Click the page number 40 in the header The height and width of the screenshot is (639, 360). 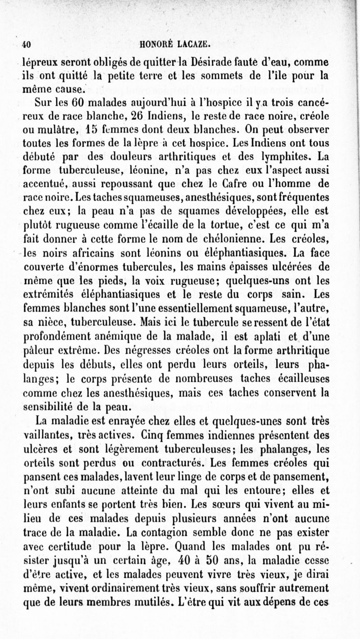pyautogui.click(x=26, y=44)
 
